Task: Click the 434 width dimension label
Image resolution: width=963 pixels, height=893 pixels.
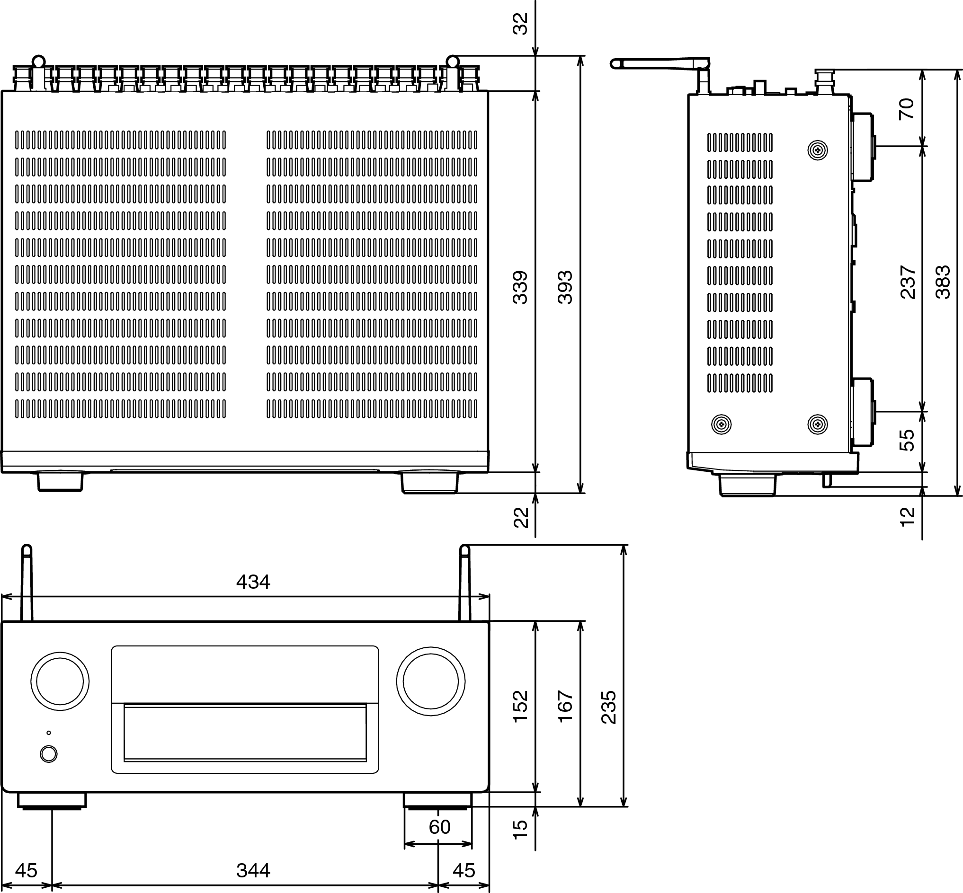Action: click(x=253, y=582)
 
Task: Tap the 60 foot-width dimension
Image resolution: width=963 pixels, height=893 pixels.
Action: click(x=439, y=827)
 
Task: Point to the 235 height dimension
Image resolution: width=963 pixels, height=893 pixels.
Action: click(x=609, y=707)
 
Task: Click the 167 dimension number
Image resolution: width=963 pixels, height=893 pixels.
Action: click(x=565, y=707)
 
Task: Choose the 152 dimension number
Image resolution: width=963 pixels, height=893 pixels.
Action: click(x=520, y=707)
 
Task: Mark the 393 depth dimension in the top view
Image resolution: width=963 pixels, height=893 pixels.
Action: click(x=565, y=288)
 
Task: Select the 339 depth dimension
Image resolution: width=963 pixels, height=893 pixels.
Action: click(x=520, y=288)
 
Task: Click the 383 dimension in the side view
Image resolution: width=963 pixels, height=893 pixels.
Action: click(x=943, y=282)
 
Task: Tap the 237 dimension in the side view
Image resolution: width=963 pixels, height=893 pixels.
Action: click(x=908, y=282)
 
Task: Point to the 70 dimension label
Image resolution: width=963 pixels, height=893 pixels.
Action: click(x=907, y=109)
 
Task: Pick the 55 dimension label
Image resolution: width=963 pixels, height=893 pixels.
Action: click(x=907, y=440)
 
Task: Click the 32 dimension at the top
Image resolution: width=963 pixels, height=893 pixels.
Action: click(x=520, y=23)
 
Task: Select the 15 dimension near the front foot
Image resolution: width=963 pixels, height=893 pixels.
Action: click(x=520, y=829)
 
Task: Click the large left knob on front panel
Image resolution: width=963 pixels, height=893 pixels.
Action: click(x=60, y=681)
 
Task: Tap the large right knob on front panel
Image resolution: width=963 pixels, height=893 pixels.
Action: click(x=430, y=681)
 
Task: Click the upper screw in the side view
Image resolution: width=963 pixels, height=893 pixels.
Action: click(x=818, y=150)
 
